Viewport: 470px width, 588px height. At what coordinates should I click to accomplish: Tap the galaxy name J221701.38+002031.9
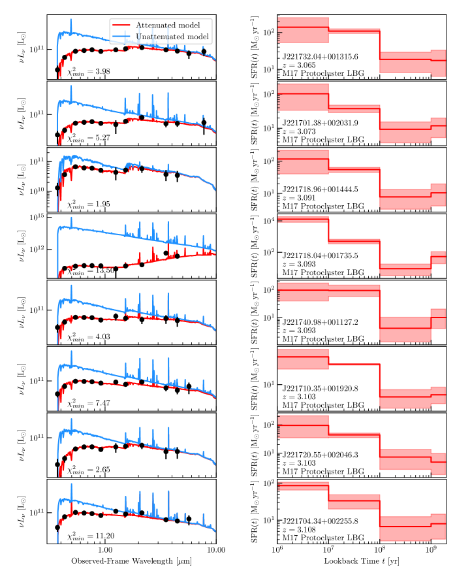(320, 123)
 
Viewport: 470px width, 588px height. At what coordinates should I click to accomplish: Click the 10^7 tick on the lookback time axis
(328, 551)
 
